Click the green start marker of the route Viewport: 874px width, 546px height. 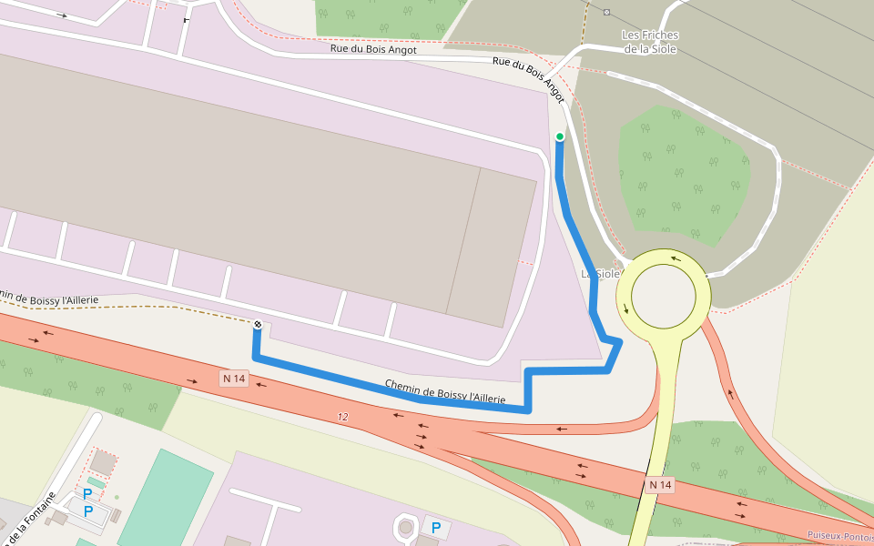click(x=560, y=136)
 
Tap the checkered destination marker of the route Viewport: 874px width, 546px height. click(x=258, y=325)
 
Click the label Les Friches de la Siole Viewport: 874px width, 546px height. click(x=650, y=42)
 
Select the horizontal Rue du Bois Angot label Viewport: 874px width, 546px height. click(x=373, y=50)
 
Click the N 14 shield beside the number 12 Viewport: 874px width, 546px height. click(x=234, y=378)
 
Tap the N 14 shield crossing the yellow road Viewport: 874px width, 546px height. click(x=660, y=485)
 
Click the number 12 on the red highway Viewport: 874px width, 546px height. click(x=342, y=417)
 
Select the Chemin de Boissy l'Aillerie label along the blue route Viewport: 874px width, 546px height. click(x=444, y=391)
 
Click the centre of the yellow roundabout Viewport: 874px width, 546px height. click(x=663, y=296)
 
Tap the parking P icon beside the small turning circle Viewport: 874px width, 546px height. click(x=436, y=528)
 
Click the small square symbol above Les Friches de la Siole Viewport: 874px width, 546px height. click(x=607, y=12)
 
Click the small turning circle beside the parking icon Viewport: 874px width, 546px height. click(x=404, y=527)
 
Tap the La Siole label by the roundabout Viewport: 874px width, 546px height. click(x=600, y=273)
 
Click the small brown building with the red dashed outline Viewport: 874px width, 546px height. click(x=103, y=463)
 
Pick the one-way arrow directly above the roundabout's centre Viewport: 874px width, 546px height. click(x=675, y=258)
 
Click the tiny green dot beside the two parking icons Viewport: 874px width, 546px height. click(x=117, y=497)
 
